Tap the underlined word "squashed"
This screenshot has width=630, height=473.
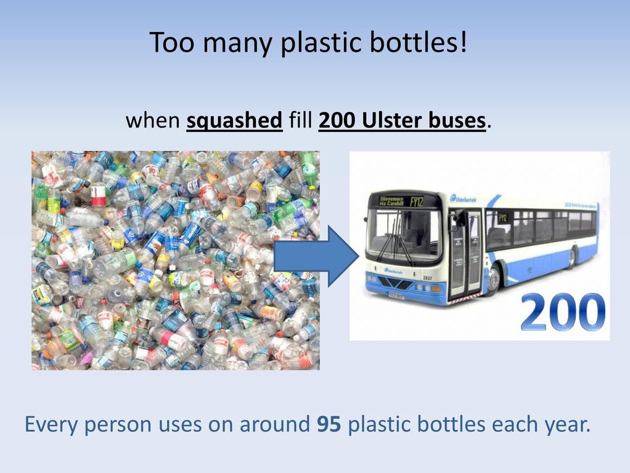tap(234, 121)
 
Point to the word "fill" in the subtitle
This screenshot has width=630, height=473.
tap(300, 121)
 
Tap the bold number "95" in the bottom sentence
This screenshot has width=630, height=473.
tap(328, 424)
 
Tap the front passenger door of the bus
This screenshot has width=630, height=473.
tap(466, 253)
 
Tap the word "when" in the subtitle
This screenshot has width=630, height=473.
tap(152, 121)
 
